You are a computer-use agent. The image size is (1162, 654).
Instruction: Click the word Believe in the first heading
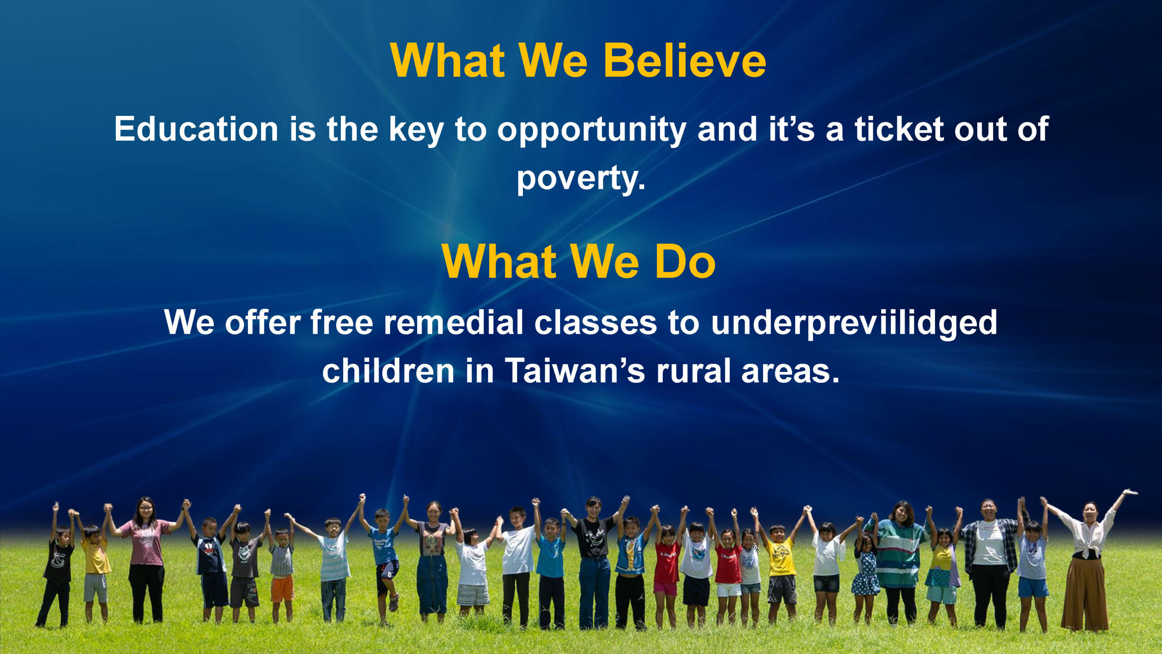tap(684, 61)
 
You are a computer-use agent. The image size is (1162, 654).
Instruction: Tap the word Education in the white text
tap(196, 129)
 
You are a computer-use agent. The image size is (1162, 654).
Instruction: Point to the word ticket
tap(899, 129)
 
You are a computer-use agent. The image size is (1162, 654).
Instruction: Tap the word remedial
tap(453, 322)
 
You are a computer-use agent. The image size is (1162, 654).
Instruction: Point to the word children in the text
tap(388, 371)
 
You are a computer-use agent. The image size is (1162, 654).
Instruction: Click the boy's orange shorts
tap(282, 589)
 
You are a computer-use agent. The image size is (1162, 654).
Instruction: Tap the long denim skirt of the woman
tap(432, 584)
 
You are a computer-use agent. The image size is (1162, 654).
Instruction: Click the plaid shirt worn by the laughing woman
tap(990, 545)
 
